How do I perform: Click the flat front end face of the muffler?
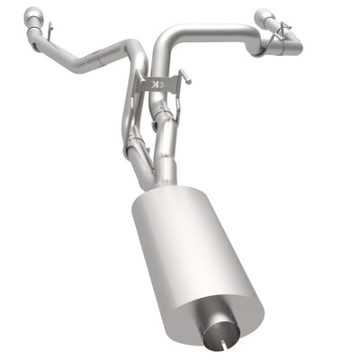tap(216, 315)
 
